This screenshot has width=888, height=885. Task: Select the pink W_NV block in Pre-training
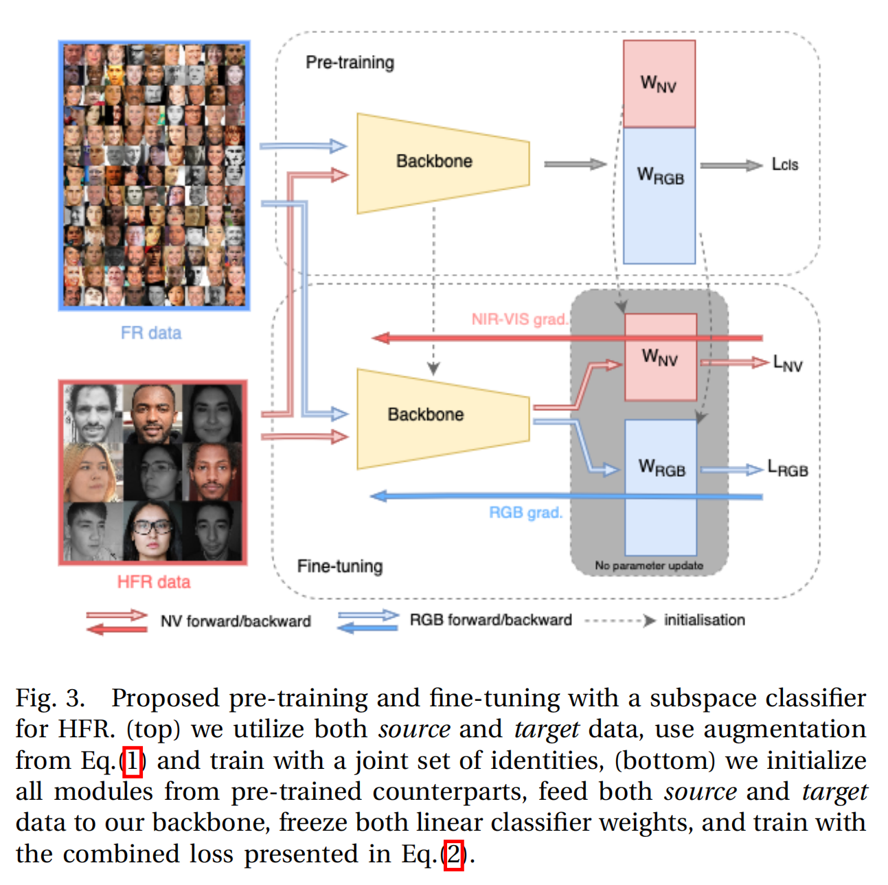(659, 84)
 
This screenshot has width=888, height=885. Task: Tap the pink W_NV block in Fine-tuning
(660, 357)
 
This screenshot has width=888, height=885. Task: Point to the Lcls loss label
(785, 165)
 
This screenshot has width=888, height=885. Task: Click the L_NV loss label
(787, 363)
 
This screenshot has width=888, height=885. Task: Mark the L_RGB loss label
(788, 469)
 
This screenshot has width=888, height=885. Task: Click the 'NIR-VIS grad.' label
(520, 320)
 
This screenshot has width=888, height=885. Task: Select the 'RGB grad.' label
(525, 513)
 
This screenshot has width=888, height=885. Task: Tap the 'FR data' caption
(151, 333)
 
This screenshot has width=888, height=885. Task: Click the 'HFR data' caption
(153, 582)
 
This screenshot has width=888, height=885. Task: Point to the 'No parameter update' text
(649, 565)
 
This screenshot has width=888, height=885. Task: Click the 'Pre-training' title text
(350, 63)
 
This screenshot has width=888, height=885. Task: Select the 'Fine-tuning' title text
(340, 566)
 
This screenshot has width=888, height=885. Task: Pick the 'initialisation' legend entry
(704, 620)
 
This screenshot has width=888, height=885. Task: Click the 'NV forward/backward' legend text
(236, 621)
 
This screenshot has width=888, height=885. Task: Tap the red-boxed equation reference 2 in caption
(453, 855)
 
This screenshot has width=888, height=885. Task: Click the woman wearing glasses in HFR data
(152, 530)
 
